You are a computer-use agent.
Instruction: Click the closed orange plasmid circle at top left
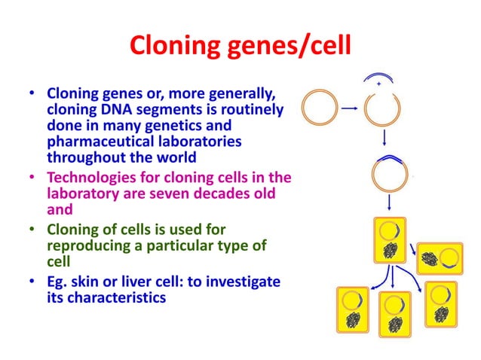(317, 108)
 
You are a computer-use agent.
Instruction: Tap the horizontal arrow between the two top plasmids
(349, 108)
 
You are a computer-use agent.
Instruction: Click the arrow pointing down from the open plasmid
(384, 138)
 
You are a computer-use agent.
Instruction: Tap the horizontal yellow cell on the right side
(440, 258)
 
